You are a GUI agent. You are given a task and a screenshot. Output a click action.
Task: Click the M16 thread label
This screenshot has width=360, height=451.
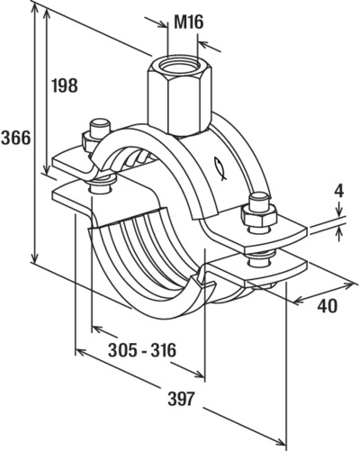(189, 23)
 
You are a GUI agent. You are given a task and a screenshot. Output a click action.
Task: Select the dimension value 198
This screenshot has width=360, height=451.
(65, 86)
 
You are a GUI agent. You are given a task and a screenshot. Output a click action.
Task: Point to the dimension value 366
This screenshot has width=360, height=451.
(16, 138)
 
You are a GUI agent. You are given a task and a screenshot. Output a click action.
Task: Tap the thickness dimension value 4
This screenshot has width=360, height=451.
(339, 192)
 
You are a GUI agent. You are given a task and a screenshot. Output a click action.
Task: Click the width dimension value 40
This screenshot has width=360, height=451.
(328, 306)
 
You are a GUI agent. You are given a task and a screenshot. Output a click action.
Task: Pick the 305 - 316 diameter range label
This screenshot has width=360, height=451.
(142, 350)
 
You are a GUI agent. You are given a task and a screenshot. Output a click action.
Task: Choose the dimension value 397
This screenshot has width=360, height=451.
(181, 399)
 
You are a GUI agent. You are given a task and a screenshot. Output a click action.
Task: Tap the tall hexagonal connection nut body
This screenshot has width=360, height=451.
(180, 96)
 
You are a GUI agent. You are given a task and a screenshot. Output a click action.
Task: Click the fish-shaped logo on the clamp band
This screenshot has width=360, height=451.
(220, 169)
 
